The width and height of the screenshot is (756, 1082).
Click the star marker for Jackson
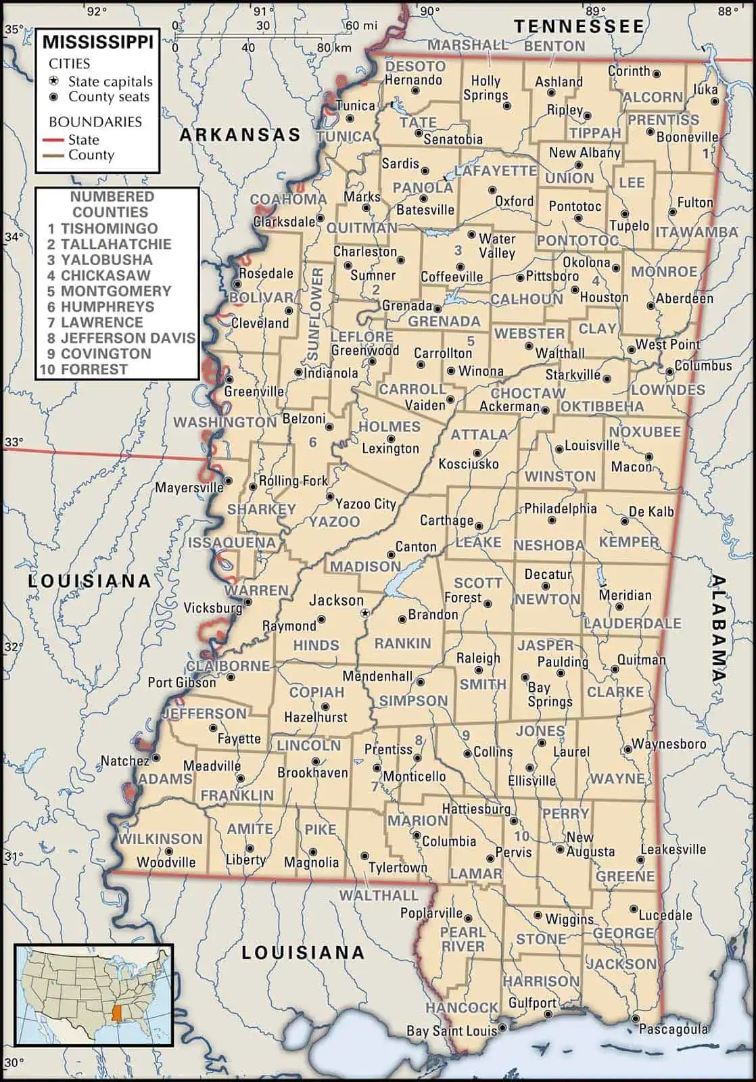[366, 613]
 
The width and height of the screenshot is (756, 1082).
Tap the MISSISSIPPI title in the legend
[98, 43]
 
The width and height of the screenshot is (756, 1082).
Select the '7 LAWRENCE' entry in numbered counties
[95, 323]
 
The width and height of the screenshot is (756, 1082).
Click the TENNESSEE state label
[580, 26]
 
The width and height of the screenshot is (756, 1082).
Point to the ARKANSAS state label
[239, 135]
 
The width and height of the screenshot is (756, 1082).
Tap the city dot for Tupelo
[624, 214]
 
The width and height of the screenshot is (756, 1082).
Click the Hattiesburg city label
[476, 809]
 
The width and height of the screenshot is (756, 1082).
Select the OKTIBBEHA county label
[602, 406]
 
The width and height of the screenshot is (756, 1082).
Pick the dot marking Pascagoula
[635, 1018]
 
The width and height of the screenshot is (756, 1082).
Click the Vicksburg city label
[212, 608]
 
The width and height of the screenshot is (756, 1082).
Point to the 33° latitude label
[14, 442]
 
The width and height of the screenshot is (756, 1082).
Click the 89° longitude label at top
[595, 11]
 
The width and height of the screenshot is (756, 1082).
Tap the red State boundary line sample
[57, 140]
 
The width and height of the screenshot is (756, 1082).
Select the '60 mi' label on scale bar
[361, 26]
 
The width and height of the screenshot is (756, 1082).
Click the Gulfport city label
[532, 1002]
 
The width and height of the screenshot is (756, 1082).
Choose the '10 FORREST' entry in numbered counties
[83, 369]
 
